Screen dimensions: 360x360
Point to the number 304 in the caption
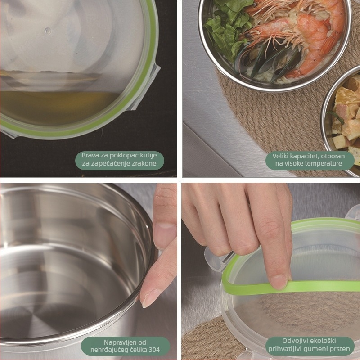(x=154, y=350)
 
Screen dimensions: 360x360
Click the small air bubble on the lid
(x=48, y=31)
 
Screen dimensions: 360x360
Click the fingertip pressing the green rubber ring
(x=278, y=281)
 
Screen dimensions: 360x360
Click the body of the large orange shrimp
(x=315, y=41)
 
